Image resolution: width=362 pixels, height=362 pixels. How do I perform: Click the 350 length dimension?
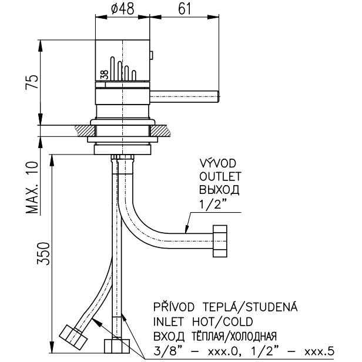[x=35, y=253]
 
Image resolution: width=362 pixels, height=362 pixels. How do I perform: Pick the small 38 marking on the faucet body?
[x=103, y=74]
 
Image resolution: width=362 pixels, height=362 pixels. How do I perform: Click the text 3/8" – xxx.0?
[x=187, y=351]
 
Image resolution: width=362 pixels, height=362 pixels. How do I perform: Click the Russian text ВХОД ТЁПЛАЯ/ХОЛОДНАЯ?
[x=214, y=336]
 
